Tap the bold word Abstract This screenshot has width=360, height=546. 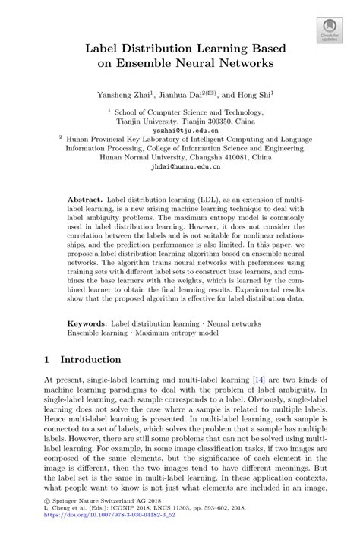[x=86, y=196]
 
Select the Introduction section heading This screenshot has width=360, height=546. [x=90, y=359]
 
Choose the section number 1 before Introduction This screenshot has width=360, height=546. [x=47, y=359]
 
